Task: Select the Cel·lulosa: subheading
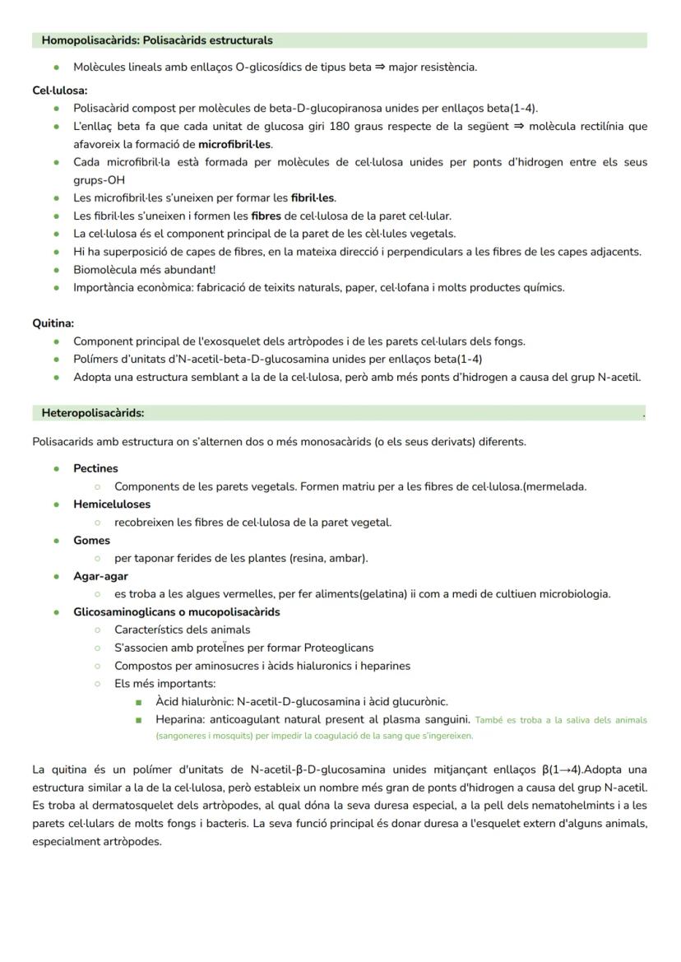pyautogui.click(x=60, y=91)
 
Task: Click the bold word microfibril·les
pyautogui.click(x=234, y=144)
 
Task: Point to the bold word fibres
pyautogui.click(x=266, y=216)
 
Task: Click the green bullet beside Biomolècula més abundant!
pyautogui.click(x=56, y=270)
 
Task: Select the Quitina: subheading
pyautogui.click(x=53, y=323)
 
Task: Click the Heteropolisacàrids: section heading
pyautogui.click(x=93, y=413)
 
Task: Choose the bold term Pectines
pyautogui.click(x=95, y=468)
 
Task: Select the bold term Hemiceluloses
pyautogui.click(x=112, y=504)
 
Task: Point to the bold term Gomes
pyautogui.click(x=91, y=541)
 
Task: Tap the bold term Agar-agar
pyautogui.click(x=100, y=576)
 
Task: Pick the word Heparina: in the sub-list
pyautogui.click(x=183, y=720)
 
